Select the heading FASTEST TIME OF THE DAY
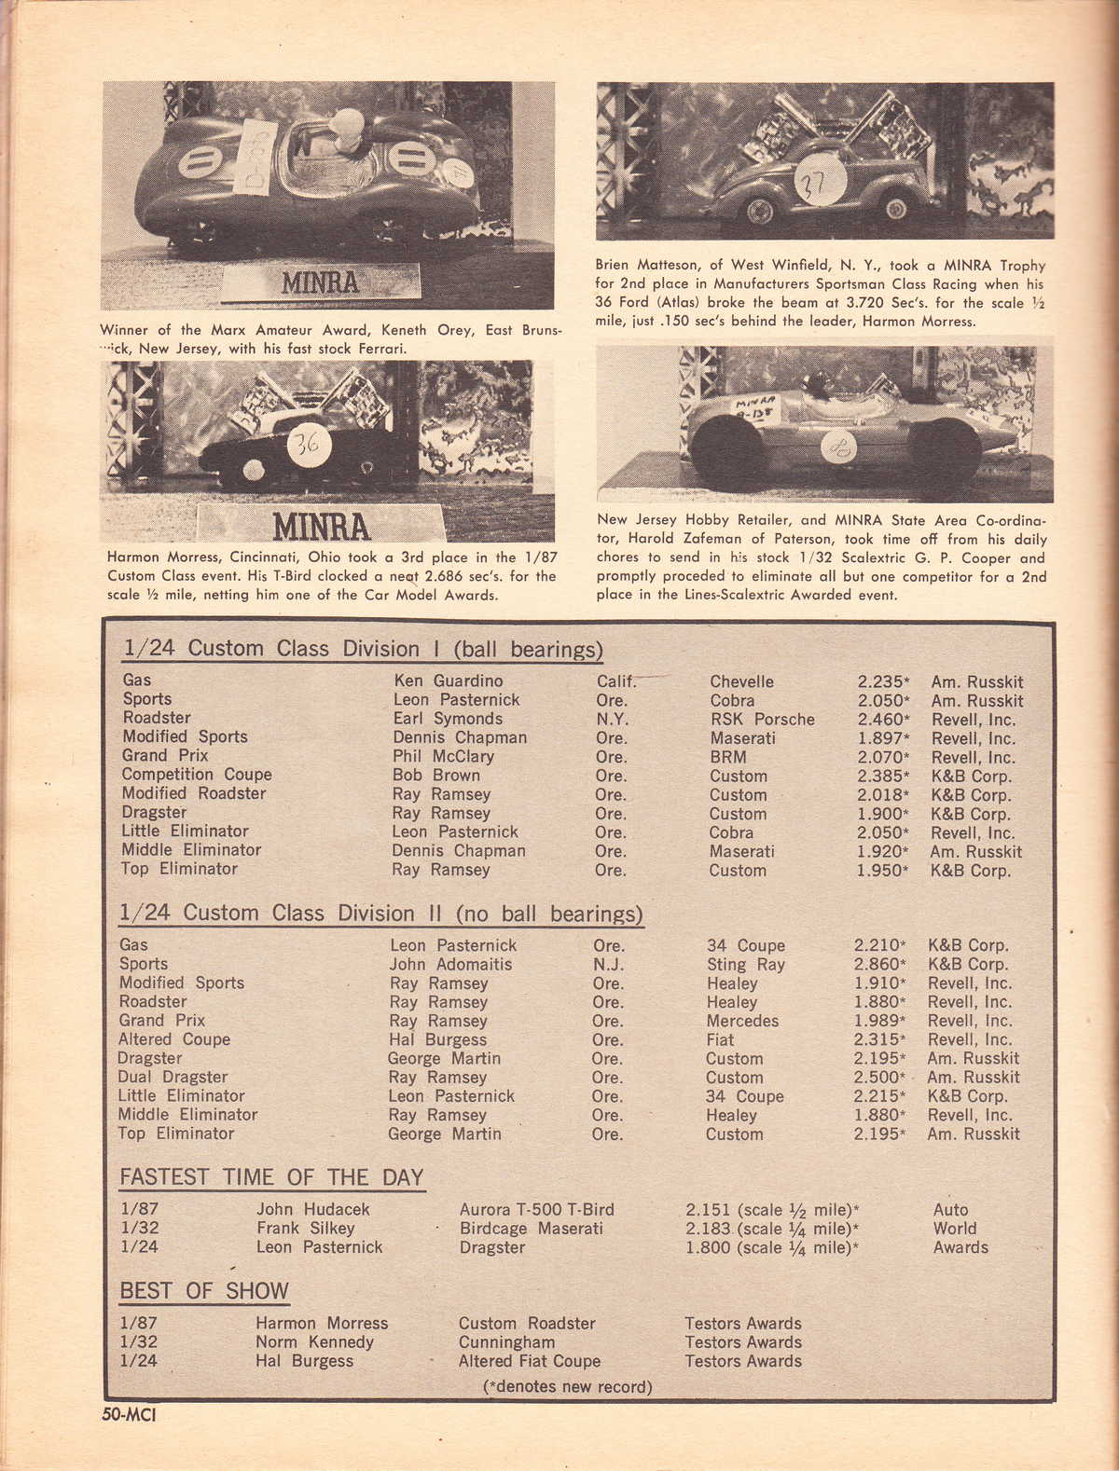coord(271,1177)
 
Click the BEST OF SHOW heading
coord(204,1291)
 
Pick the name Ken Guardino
coord(448,681)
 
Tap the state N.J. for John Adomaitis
coord(609,965)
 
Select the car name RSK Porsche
coord(762,720)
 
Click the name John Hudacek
coord(313,1209)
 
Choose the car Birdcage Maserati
coord(531,1229)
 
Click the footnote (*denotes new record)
coord(568,1386)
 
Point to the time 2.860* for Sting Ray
coord(879,965)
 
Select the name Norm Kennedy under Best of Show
coord(314,1342)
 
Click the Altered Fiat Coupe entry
coord(529,1361)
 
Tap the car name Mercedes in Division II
coord(742,1021)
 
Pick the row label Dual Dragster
coord(173,1077)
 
